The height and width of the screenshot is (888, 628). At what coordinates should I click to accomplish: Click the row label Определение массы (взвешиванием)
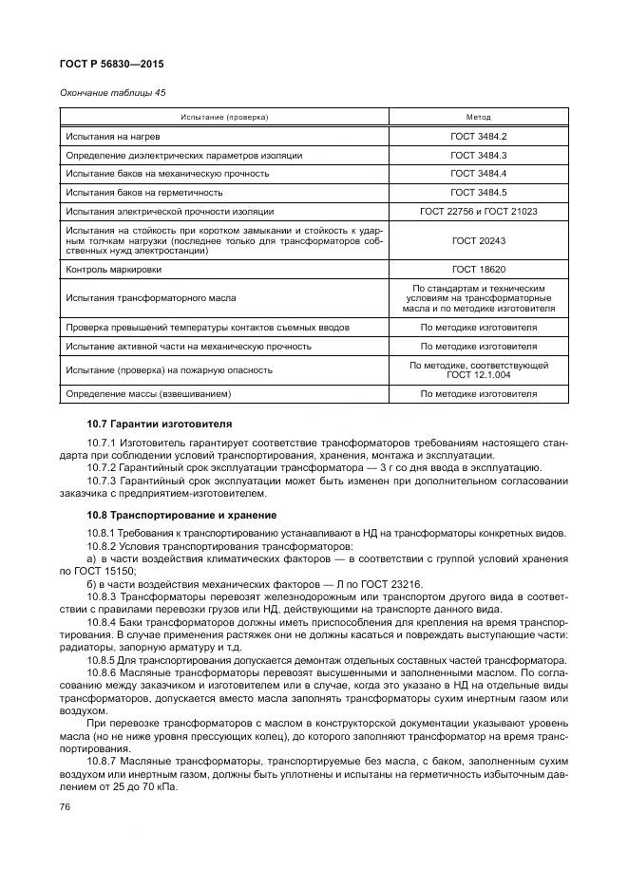(149, 393)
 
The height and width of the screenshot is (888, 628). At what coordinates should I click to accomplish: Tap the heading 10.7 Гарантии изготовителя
(159, 423)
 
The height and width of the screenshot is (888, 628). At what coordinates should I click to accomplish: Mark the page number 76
(65, 807)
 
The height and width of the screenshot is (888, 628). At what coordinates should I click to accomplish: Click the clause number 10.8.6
(105, 672)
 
